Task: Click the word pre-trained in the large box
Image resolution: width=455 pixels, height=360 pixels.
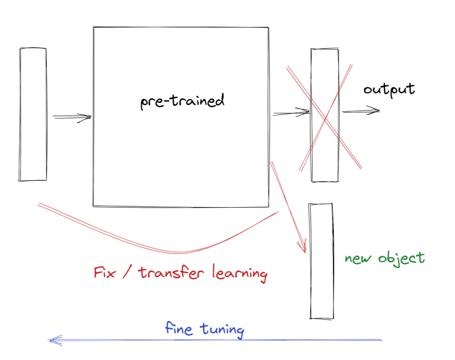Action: point(182,101)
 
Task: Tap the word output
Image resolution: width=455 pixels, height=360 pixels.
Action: point(389,90)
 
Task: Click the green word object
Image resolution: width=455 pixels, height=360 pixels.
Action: point(402,258)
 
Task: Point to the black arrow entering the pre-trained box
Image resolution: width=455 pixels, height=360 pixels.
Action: point(72,117)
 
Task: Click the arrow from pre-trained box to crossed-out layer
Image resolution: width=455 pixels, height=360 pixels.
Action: point(291,112)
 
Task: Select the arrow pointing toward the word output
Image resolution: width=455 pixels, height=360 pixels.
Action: point(361,111)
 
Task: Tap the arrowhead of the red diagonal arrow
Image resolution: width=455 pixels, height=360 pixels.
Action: point(304,249)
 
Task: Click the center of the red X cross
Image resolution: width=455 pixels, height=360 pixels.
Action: point(325,119)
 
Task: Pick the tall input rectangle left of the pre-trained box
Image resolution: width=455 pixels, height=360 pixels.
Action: point(33,114)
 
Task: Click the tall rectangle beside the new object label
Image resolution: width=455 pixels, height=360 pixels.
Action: point(321,261)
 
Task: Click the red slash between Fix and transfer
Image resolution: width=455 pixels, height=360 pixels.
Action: point(128,274)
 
